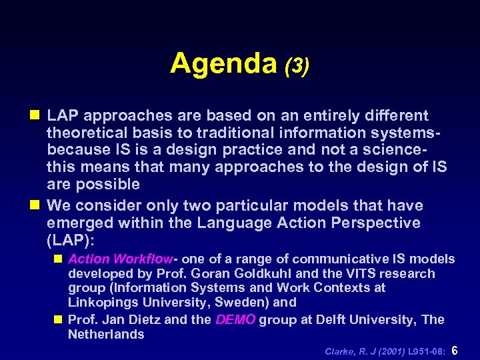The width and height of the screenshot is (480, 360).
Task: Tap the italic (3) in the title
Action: [x=296, y=66]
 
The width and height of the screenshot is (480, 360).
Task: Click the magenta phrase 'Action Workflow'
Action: [x=120, y=259]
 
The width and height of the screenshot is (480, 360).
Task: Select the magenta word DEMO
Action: [x=235, y=319]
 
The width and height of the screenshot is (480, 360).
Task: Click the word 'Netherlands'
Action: [x=106, y=335]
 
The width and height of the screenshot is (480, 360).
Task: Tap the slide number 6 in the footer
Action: [x=455, y=350]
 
